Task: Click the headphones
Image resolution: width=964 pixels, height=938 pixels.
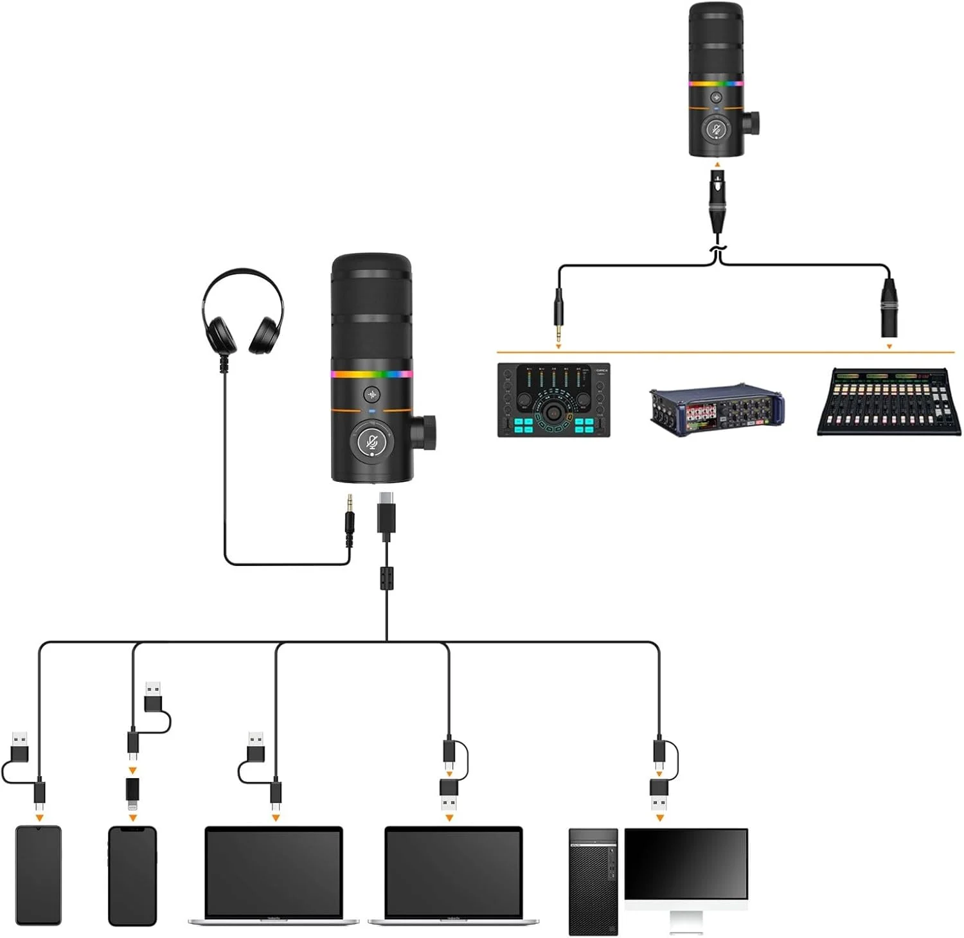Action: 242,312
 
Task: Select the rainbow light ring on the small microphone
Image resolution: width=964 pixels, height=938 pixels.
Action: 716,83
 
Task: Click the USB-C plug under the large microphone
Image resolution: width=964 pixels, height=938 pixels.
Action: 386,514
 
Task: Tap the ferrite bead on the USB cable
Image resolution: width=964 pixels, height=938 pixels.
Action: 386,578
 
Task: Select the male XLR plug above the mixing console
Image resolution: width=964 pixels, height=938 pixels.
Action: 889,308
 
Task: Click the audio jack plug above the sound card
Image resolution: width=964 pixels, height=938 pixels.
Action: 558,315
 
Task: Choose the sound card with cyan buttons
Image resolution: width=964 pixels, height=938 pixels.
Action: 554,400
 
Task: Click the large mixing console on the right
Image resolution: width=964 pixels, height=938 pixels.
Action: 888,402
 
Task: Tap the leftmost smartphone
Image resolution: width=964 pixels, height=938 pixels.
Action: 39,875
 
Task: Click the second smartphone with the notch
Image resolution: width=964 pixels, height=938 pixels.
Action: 132,875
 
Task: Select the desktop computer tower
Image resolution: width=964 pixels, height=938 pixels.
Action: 593,881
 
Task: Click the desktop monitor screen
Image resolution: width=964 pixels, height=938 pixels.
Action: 686,863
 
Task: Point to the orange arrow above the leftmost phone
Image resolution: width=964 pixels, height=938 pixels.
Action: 40,817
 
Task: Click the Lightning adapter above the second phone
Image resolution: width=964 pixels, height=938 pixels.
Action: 132,793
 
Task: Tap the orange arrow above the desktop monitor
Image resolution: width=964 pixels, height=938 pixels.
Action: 659,817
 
